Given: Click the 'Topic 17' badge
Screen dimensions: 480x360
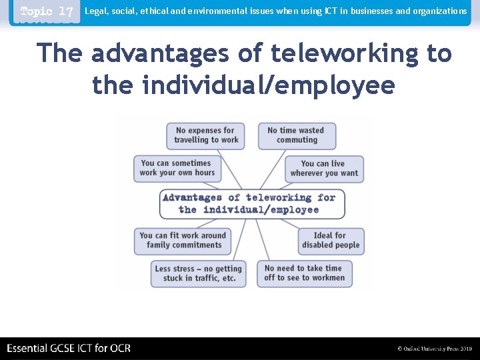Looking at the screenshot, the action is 46,12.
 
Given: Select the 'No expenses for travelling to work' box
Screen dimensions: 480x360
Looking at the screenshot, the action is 206,135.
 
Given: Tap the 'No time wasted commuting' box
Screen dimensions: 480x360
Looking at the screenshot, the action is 297,135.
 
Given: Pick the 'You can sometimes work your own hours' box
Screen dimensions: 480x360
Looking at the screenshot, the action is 177,168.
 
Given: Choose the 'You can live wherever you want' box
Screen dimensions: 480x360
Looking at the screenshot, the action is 324,169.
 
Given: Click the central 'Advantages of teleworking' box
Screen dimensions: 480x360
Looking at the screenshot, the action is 251,203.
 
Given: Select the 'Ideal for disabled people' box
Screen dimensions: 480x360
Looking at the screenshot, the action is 330,240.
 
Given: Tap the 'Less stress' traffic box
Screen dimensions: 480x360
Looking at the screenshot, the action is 198,273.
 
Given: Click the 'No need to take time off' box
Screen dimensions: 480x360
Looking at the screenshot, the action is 304,273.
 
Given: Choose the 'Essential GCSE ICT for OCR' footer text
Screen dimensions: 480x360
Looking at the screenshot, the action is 69,348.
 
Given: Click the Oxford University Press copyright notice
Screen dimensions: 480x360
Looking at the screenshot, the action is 434,349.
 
